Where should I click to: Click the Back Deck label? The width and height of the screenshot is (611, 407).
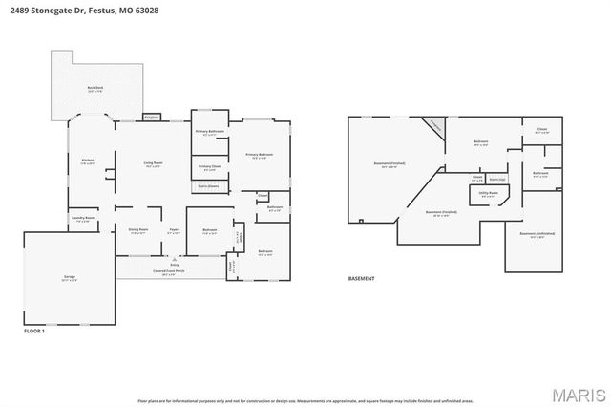(x=94, y=89)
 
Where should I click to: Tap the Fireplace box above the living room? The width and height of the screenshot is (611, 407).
(x=151, y=117)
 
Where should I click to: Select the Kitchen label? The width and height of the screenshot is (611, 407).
(x=87, y=161)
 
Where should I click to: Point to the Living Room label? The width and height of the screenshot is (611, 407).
(x=152, y=163)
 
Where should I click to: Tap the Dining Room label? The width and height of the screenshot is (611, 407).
(x=137, y=230)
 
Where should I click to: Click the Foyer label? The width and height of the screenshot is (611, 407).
(x=174, y=230)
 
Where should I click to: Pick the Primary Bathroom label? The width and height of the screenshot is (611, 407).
(x=208, y=133)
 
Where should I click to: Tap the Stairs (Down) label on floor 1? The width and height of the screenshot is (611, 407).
(x=208, y=186)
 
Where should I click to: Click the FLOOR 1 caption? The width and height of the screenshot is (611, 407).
(x=34, y=330)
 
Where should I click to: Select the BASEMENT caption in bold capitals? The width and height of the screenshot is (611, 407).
(x=361, y=278)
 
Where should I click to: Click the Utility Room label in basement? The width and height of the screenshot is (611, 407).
(x=488, y=193)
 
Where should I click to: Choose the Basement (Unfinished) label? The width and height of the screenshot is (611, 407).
(x=537, y=234)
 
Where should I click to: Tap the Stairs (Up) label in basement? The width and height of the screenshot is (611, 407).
(x=496, y=178)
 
